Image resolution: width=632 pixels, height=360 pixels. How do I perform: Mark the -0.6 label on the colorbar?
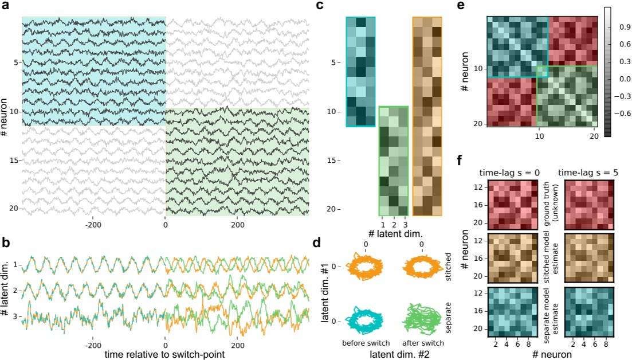[618, 114]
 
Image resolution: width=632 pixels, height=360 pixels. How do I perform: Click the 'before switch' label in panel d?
[366, 342]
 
